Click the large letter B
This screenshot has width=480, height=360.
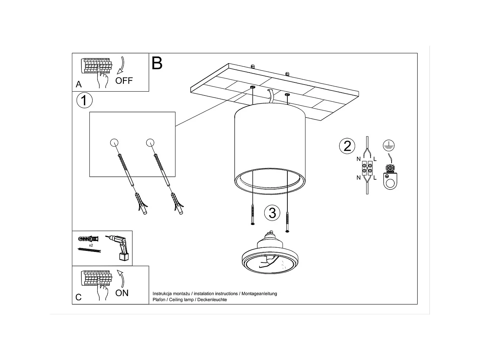click(157, 64)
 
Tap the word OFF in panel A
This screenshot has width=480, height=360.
click(124, 81)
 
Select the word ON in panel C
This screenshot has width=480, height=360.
click(122, 293)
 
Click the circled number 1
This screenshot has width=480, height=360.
click(84, 100)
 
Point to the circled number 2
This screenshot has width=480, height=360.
click(347, 146)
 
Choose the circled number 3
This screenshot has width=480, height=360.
click(272, 213)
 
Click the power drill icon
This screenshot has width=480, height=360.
click(119, 247)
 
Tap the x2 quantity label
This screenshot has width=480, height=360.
click(91, 245)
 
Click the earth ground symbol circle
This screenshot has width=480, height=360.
click(389, 145)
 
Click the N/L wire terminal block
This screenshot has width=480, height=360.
click(367, 168)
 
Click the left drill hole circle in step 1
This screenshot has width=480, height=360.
click(114, 143)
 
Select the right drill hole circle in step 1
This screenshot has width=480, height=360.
click(150, 143)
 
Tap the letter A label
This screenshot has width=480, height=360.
click(79, 84)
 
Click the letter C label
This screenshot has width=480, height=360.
click(79, 297)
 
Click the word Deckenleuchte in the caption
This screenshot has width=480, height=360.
click(212, 300)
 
